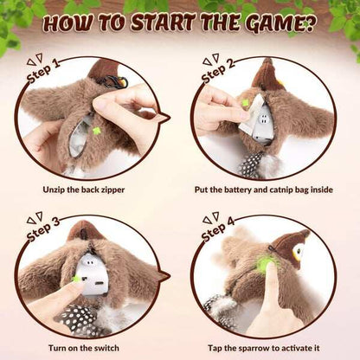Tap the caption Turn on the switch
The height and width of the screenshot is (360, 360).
(91, 347)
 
